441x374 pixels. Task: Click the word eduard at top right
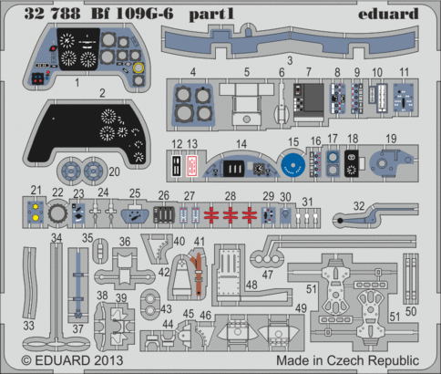coord(388,14)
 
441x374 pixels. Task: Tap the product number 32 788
coord(52,14)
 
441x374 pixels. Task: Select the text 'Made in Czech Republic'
coord(347,360)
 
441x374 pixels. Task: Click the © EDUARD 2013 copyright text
coord(72,360)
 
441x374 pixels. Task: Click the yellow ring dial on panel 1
coord(138,68)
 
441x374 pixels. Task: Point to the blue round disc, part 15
coord(292,165)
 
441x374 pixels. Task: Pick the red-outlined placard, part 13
coord(191,166)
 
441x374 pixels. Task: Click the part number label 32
coord(359,206)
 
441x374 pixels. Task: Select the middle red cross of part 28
coord(231,214)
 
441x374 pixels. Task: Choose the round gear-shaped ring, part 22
coord(56,214)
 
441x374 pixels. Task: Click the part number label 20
coord(114,172)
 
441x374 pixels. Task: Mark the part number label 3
coord(290,60)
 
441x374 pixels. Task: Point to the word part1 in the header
coord(211,15)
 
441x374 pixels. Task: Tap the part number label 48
coord(251,285)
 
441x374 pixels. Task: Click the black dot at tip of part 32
coord(340,221)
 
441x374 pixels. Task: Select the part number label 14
coord(241,144)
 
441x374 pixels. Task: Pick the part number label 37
coord(77,328)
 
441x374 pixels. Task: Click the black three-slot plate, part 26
coord(164,215)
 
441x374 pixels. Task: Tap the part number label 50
coord(411,311)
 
